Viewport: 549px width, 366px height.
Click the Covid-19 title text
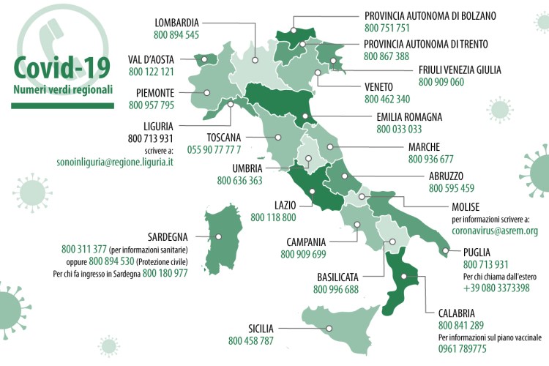tap(62, 68)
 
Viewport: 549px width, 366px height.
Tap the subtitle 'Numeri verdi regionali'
tap(62, 89)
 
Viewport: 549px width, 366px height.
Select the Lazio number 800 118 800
tap(273, 217)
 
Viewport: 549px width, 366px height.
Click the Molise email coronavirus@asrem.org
tap(495, 231)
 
